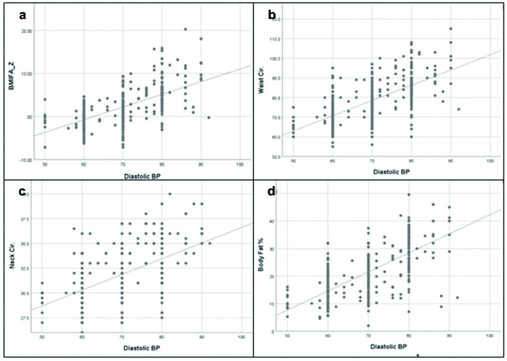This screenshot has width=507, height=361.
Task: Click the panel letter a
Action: pyautogui.click(x=23, y=15)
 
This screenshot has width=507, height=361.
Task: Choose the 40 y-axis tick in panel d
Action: pyautogui.click(x=280, y=222)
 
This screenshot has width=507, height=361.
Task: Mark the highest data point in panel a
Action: pyautogui.click(x=186, y=29)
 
